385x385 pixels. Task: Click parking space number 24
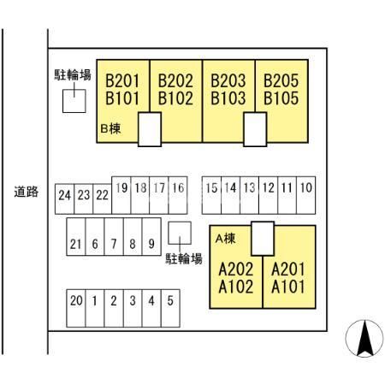tap(64, 199)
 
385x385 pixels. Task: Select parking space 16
tap(178, 195)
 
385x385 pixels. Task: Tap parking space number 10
tap(306, 195)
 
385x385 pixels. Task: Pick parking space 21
tap(76, 237)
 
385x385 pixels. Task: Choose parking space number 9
tap(151, 237)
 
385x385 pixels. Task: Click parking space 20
tap(76, 308)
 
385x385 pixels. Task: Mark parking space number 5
tap(170, 308)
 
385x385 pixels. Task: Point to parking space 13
tap(250, 195)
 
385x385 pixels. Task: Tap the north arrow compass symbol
tap(364, 339)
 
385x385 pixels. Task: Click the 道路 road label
tap(27, 192)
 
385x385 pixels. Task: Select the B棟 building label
tap(110, 128)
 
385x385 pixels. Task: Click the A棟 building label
tap(226, 239)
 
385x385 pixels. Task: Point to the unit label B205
tap(281, 80)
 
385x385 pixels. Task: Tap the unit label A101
tap(288, 287)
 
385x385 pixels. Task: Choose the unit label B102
tap(175, 98)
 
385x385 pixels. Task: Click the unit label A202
tap(236, 269)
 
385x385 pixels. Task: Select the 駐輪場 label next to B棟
tap(73, 75)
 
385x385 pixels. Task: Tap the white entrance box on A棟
tap(263, 239)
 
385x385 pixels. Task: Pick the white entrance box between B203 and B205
tap(255, 129)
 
